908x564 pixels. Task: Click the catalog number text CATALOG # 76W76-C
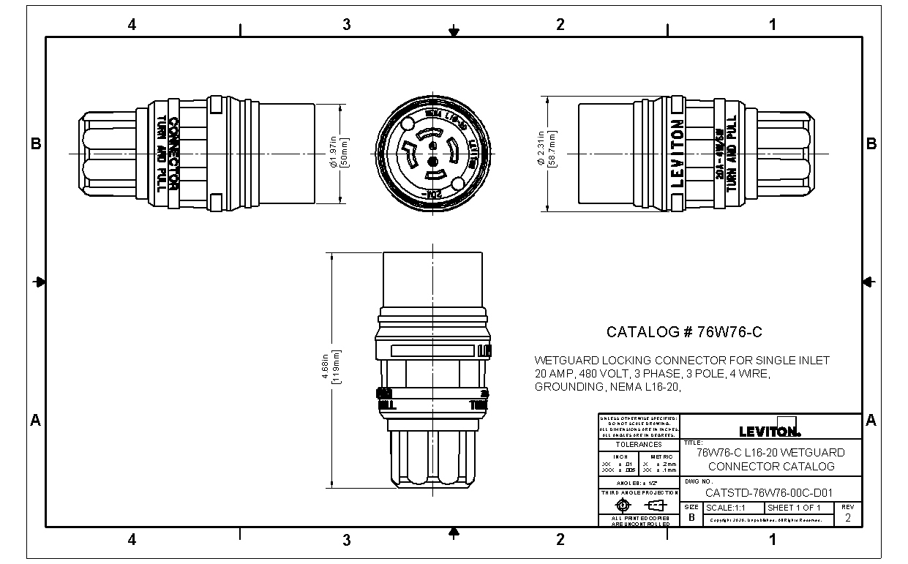click(x=684, y=332)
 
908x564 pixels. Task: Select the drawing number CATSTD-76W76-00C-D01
click(x=768, y=492)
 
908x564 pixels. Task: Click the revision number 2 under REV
click(x=847, y=517)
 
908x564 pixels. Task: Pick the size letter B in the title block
click(x=691, y=517)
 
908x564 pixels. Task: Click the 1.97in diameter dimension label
click(x=332, y=154)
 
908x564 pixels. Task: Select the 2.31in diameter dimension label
click(x=541, y=154)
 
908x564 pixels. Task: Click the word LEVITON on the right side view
click(x=678, y=154)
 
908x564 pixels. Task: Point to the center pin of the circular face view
click(x=432, y=159)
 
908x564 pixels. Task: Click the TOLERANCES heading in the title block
click(x=638, y=444)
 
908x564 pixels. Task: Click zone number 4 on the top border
click(x=132, y=24)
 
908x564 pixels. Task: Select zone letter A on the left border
click(x=35, y=420)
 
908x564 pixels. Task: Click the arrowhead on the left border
click(x=40, y=282)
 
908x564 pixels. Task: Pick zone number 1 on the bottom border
click(x=773, y=540)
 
